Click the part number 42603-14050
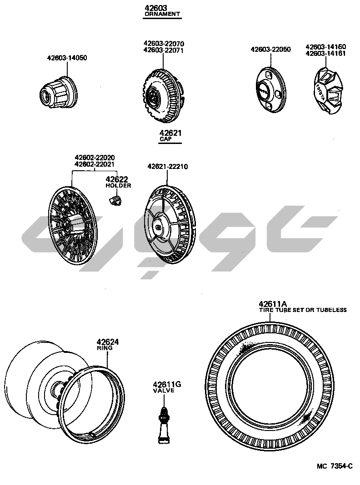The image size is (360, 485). (67, 58)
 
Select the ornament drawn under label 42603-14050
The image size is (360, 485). (59, 92)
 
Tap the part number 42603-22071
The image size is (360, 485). (164, 50)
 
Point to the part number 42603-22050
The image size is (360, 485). (270, 49)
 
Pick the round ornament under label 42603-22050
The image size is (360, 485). (271, 89)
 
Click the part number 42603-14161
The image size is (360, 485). (325, 53)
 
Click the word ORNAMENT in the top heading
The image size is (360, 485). (162, 14)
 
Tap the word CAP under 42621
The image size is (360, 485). (165, 139)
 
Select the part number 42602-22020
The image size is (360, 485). (95, 158)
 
